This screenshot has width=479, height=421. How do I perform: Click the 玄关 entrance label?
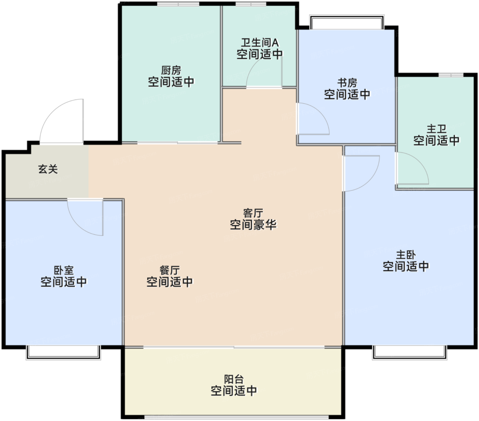48,169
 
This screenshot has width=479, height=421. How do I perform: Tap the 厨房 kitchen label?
171,70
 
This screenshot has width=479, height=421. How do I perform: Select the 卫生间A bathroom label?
260,43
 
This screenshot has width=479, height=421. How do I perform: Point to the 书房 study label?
347,83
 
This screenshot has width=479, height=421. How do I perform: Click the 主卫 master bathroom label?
436,129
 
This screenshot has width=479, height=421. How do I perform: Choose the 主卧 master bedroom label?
406,255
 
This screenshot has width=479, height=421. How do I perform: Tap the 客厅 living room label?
253,213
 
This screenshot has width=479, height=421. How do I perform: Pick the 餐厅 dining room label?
169,270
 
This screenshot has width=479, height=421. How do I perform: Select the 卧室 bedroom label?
64,270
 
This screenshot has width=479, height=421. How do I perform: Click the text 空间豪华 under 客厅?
253,225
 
